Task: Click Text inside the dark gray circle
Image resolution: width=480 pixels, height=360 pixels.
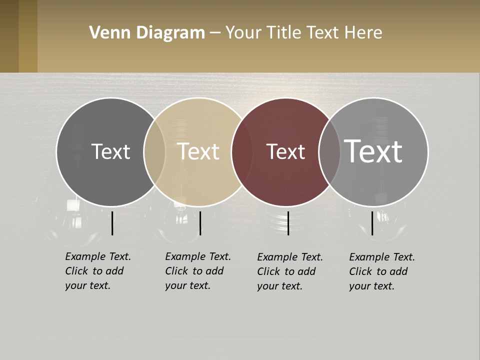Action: click(x=110, y=151)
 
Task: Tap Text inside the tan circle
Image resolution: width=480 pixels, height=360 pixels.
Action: click(x=198, y=151)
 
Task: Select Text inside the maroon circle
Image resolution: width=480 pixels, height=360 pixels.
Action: click(x=285, y=151)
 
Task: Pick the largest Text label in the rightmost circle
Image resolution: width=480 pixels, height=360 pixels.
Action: click(x=373, y=151)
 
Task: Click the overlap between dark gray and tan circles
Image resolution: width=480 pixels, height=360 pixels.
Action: click(x=154, y=151)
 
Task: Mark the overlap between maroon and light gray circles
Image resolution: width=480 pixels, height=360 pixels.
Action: click(x=329, y=151)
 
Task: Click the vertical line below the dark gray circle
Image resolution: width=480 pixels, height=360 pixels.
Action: click(x=112, y=223)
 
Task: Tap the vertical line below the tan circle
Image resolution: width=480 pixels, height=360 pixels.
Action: click(x=200, y=223)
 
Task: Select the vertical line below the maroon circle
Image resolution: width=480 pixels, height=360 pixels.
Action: click(x=288, y=223)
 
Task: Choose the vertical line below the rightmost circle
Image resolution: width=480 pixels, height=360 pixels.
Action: click(x=372, y=223)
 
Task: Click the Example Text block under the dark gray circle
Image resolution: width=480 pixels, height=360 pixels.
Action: click(x=97, y=271)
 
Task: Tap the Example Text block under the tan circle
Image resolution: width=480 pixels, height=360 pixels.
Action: click(x=197, y=271)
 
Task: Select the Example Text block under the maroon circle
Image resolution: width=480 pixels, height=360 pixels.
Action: click(x=289, y=271)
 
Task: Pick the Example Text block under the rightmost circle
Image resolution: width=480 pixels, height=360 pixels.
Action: click(x=381, y=271)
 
